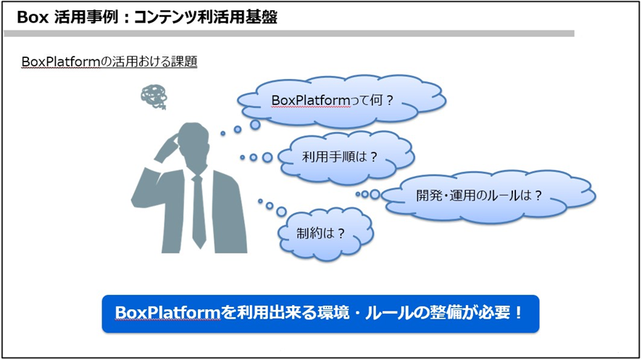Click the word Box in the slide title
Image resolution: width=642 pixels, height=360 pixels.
point(31,17)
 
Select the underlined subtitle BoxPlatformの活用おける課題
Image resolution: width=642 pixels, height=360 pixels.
point(109,62)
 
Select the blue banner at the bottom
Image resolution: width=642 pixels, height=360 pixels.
point(320,313)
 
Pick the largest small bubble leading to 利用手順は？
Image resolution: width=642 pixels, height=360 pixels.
point(267,157)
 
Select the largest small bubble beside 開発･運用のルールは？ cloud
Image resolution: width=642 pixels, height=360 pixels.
point(375,194)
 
